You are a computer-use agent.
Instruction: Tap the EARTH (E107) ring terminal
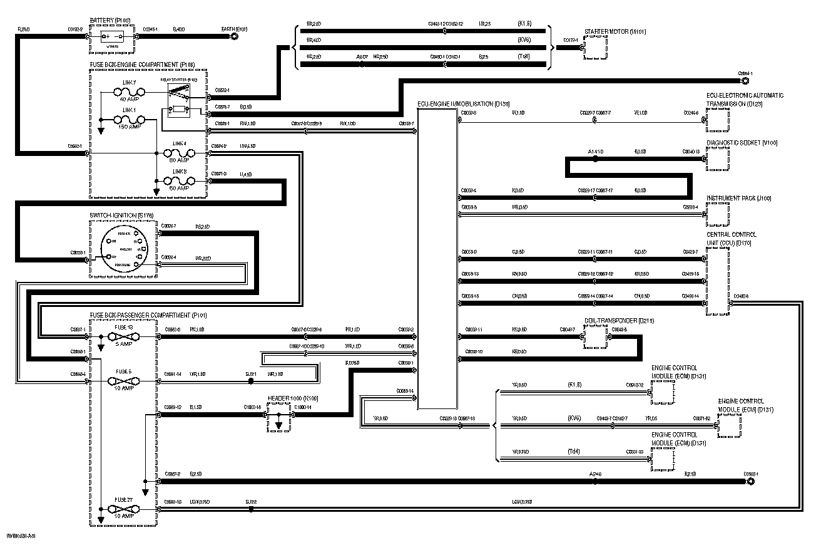[x=234, y=37]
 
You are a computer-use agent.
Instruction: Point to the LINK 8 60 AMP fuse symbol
[x=180, y=180]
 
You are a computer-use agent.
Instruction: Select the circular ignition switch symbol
[x=125, y=250]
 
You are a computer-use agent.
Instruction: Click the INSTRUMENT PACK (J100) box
[x=718, y=214]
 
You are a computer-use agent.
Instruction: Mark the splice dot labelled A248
[x=594, y=482]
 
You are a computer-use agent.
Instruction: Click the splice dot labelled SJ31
[x=251, y=381]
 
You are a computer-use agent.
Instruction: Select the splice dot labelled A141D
[x=595, y=159]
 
